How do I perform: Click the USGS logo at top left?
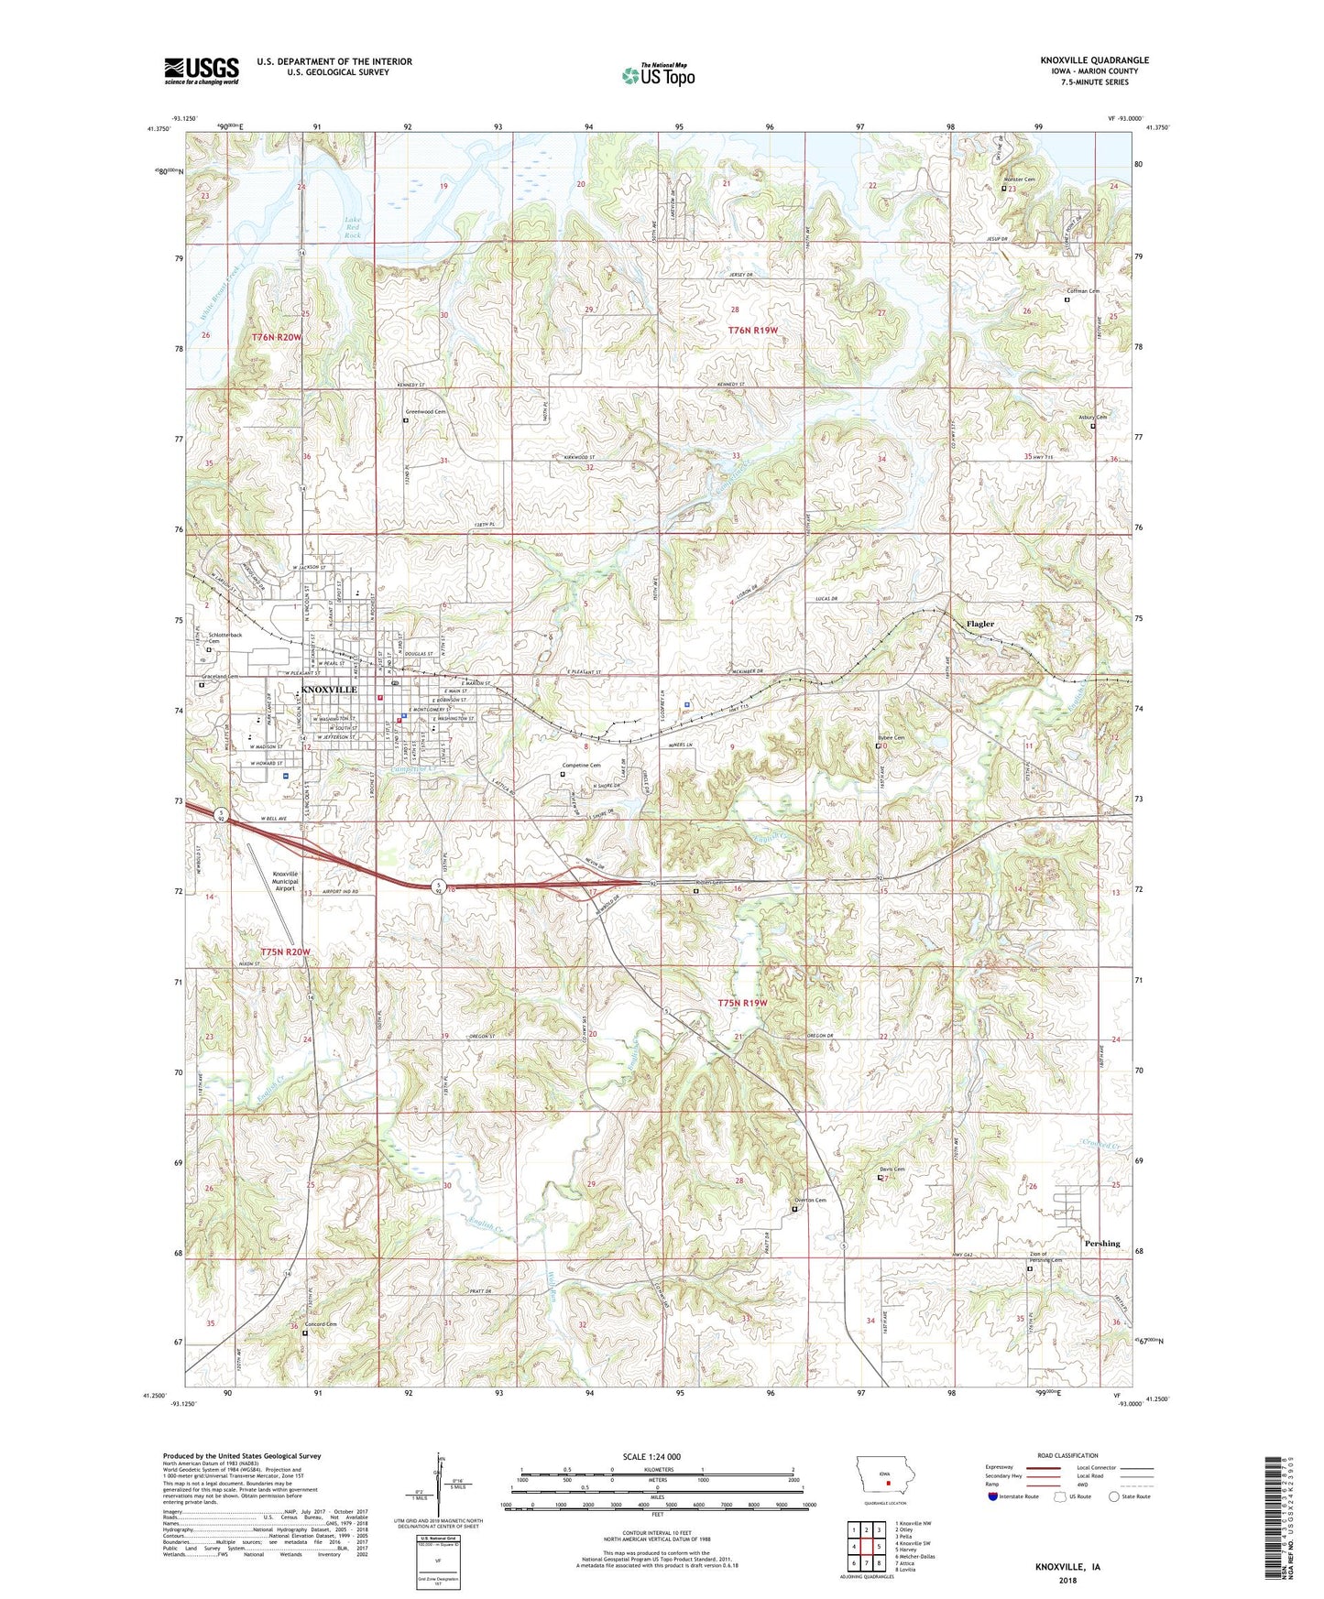[x=201, y=71]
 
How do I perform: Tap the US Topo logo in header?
[x=657, y=75]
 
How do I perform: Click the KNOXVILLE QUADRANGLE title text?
[x=1094, y=60]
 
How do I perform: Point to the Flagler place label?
[x=979, y=624]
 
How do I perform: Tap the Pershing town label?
[x=1102, y=1243]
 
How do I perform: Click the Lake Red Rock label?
[x=353, y=227]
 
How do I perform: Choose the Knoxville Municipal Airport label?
[x=285, y=881]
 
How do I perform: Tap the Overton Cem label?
[x=809, y=1201]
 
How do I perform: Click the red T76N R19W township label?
[x=752, y=330]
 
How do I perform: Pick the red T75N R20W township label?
[x=285, y=952]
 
